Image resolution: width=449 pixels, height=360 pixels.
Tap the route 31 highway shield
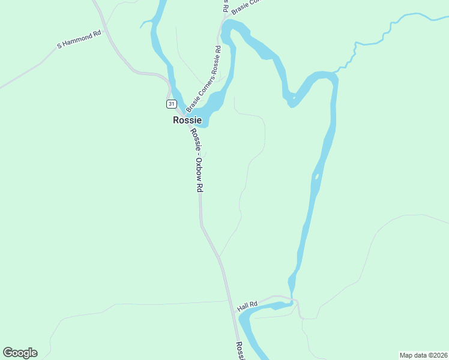click(172, 104)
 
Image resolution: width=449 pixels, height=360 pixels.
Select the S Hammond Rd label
click(79, 40)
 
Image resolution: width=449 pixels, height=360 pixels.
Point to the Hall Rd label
click(247, 306)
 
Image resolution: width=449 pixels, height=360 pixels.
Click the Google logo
click(20, 352)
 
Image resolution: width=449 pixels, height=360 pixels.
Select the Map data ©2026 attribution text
click(423, 355)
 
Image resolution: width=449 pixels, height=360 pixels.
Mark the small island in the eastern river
click(316, 177)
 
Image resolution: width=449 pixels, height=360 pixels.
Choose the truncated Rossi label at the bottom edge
click(240, 351)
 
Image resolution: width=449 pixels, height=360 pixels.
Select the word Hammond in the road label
click(82, 38)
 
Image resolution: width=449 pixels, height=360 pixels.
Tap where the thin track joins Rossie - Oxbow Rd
click(219, 257)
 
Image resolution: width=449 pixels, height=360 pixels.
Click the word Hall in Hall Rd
click(243, 307)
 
